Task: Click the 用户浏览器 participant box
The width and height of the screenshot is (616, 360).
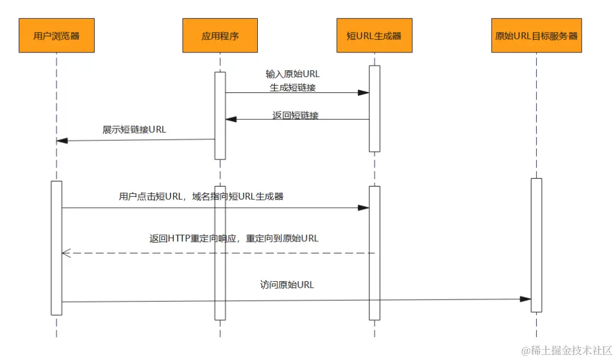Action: pyautogui.click(x=56, y=35)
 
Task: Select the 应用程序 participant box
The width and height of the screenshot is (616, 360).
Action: pyautogui.click(x=220, y=35)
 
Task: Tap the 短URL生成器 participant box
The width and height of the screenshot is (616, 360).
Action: pyautogui.click(x=374, y=35)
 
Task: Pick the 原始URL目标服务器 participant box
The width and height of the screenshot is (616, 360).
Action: pyautogui.click(x=536, y=35)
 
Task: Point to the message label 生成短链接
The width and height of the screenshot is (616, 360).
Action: pyautogui.click(x=293, y=88)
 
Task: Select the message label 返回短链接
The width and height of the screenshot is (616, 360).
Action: pyautogui.click(x=295, y=115)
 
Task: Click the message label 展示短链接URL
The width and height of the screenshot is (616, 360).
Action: pyautogui.click(x=134, y=130)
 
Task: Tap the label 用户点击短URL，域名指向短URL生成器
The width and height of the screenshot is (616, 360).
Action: pyautogui.click(x=201, y=197)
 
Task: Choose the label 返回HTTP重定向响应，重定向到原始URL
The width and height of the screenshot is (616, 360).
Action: pyautogui.click(x=234, y=238)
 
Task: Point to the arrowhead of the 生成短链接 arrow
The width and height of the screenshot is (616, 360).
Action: pyautogui.click(x=364, y=92)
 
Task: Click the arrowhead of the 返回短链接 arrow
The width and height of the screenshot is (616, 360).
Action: pyautogui.click(x=231, y=119)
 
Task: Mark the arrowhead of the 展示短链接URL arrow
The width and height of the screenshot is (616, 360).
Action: pyautogui.click(x=62, y=140)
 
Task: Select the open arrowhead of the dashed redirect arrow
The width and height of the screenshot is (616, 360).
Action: pyautogui.click(x=65, y=253)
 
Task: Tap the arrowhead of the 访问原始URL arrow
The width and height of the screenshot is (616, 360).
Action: pyautogui.click(x=526, y=299)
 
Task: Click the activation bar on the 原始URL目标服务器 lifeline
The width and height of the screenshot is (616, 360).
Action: pyautogui.click(x=536, y=245)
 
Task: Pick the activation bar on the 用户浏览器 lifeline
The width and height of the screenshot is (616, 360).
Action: pyautogui.click(x=56, y=248)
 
